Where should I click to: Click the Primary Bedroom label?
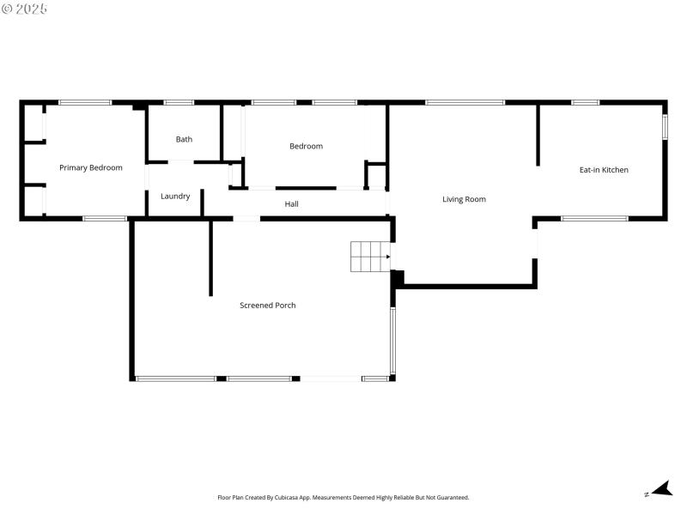click(x=90, y=168)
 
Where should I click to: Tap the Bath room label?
click(x=184, y=139)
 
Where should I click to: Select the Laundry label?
click(x=175, y=197)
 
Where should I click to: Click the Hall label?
click(x=292, y=204)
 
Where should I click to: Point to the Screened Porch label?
click(x=267, y=306)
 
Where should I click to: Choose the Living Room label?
click(x=464, y=199)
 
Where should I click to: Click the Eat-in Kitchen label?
click(x=604, y=170)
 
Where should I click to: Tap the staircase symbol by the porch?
click(x=369, y=257)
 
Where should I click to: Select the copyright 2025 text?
click(x=25, y=8)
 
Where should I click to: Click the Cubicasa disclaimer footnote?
click(x=343, y=498)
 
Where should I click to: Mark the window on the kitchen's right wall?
click(x=665, y=126)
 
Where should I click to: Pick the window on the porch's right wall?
click(x=392, y=341)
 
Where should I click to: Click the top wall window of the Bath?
click(x=179, y=103)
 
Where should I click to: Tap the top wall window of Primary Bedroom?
click(x=85, y=103)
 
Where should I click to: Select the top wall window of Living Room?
click(x=465, y=103)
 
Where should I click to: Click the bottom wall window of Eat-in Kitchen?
click(x=594, y=219)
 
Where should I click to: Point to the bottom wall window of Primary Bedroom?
click(x=105, y=219)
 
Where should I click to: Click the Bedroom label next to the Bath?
click(x=306, y=146)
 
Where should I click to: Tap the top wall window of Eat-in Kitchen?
click(x=585, y=103)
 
